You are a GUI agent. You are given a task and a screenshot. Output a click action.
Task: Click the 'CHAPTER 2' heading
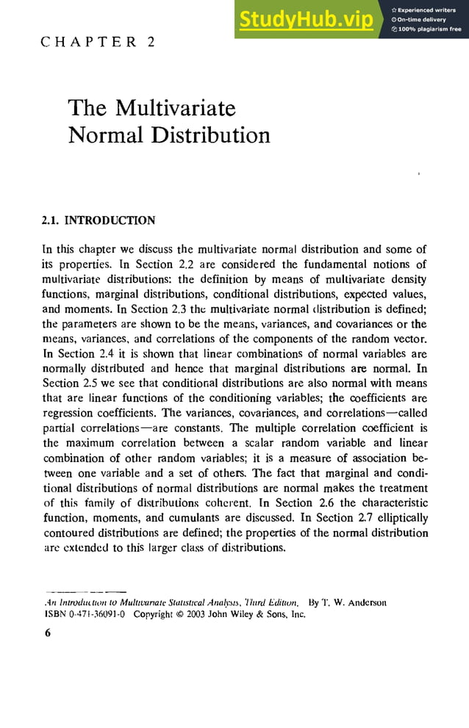pos(98,42)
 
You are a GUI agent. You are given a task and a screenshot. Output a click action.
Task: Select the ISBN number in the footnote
pos(83,615)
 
